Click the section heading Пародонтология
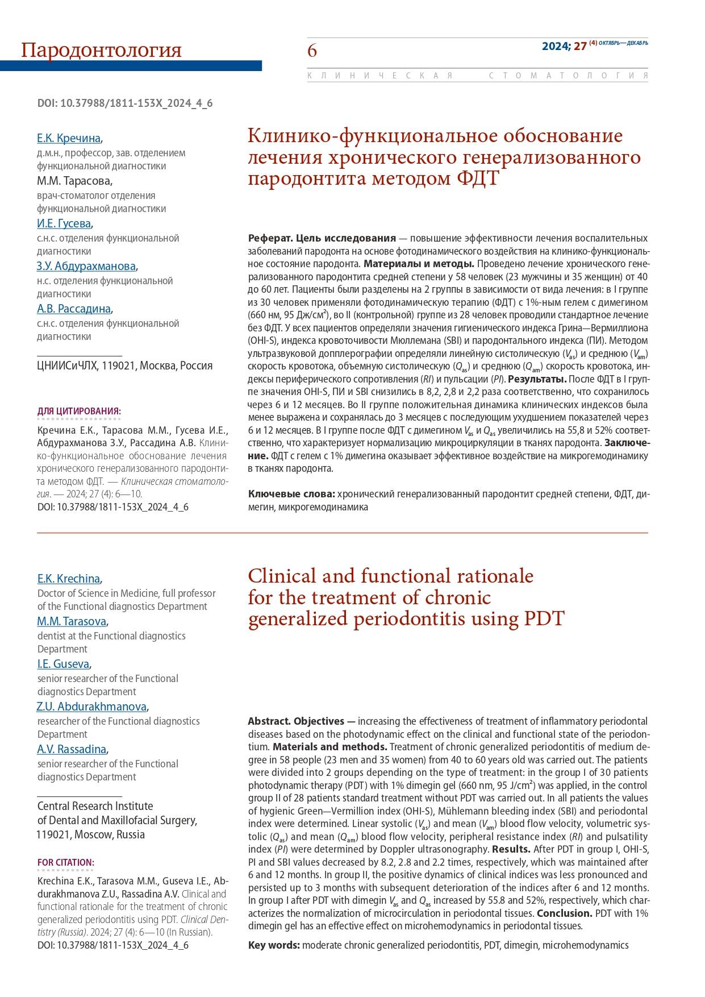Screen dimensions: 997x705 coord(101,50)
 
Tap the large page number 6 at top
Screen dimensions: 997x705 coord(312,51)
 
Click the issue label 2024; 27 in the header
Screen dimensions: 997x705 coord(564,46)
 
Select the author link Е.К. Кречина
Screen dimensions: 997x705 coord(69,138)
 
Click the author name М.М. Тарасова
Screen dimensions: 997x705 coord(74,181)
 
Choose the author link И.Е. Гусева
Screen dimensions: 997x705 coord(64,223)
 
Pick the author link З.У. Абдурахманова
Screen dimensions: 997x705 coord(86,266)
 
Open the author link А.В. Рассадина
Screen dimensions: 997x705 coord(74,309)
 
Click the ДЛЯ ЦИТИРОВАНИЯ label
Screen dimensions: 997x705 coord(79,411)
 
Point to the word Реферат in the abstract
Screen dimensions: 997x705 coord(268,238)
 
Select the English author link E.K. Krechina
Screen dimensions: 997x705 coord(69,579)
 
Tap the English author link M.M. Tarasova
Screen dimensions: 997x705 coord(72,621)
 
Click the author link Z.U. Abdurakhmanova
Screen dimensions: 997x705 coord(91,707)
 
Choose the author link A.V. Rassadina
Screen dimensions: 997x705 coord(72,749)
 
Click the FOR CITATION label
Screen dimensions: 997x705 coord(66,862)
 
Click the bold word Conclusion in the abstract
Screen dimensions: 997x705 coord(564,913)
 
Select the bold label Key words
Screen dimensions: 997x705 coord(274,945)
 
